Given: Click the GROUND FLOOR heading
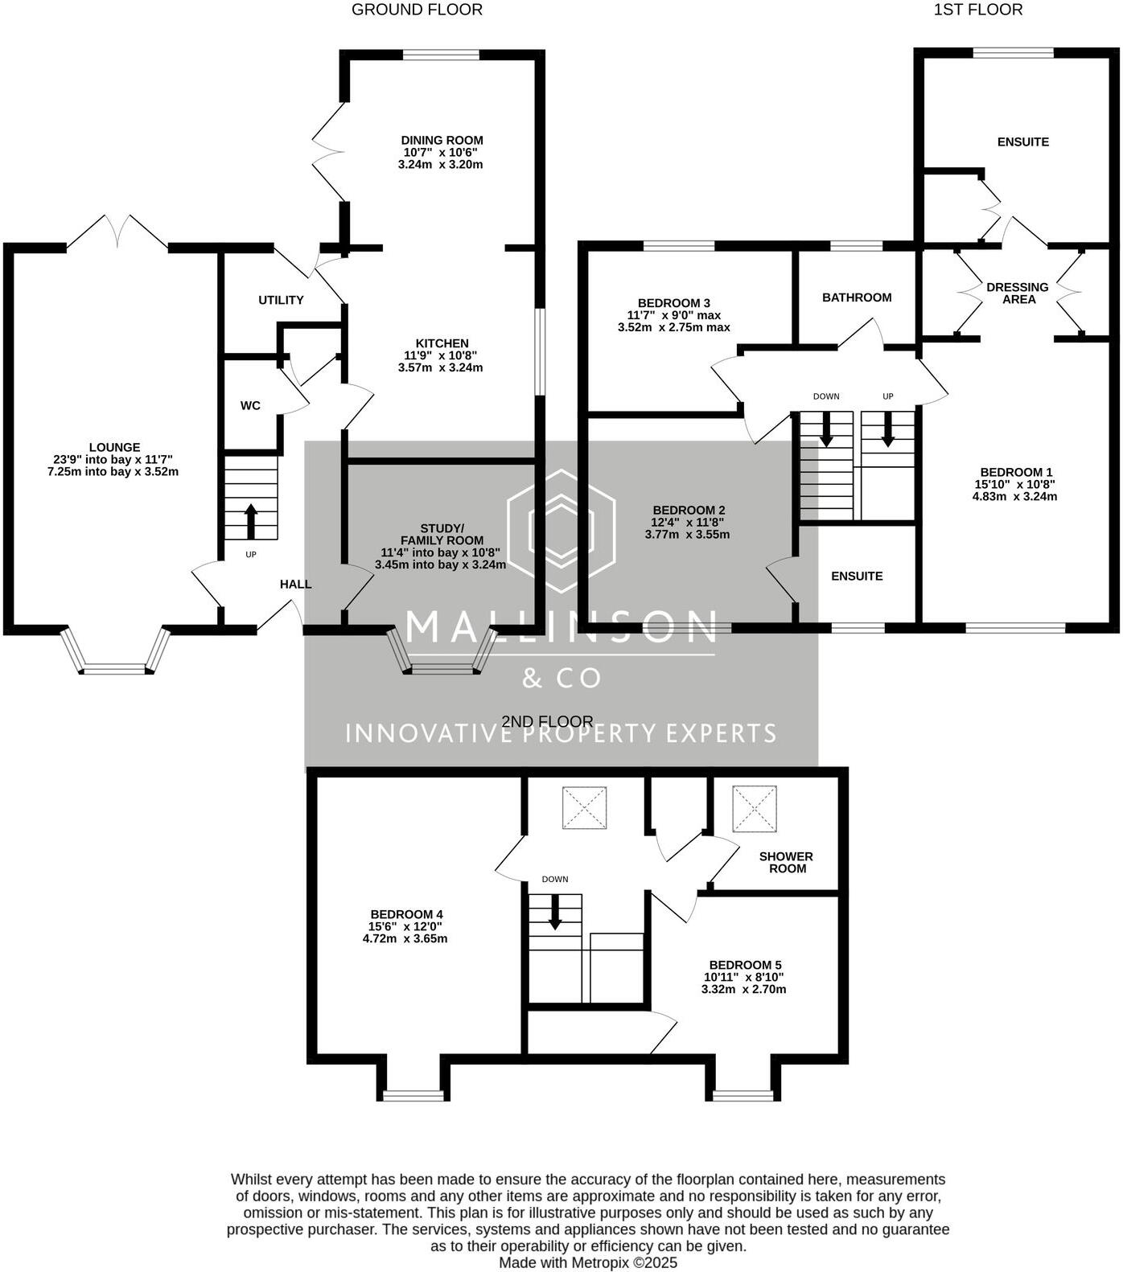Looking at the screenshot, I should click(417, 10).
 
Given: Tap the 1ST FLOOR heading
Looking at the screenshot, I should click(977, 10).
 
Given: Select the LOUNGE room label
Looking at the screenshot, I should click(114, 447).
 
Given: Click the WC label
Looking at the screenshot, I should click(250, 405).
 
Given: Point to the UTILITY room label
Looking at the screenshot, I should click(281, 300).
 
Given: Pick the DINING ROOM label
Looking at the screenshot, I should click(442, 140).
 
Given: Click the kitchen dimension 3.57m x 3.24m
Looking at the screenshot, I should click(440, 367).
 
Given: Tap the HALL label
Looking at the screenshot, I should click(295, 584).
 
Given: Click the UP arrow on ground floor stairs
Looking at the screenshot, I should click(250, 521).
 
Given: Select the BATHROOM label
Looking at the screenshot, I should click(856, 297).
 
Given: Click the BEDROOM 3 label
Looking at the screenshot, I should click(673, 303).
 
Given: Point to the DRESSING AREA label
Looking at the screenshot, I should click(1017, 293).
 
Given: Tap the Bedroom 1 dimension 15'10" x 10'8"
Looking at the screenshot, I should click(1015, 484).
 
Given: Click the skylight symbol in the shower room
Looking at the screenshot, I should click(755, 808).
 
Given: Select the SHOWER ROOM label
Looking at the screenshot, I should click(786, 862).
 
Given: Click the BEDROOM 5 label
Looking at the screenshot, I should click(744, 965).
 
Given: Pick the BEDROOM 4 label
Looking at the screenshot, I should click(406, 914).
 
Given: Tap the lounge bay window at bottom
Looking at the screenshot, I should click(116, 667).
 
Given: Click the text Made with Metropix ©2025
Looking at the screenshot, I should click(588, 1262).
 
